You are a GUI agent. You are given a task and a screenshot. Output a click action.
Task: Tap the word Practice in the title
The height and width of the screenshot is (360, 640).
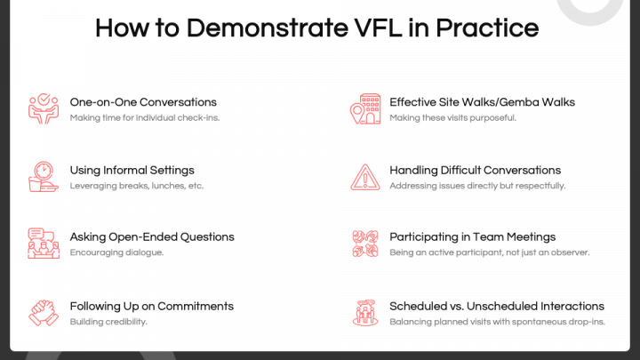(x=494, y=28)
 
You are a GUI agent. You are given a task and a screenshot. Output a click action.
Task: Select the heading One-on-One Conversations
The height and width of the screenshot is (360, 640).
(x=143, y=102)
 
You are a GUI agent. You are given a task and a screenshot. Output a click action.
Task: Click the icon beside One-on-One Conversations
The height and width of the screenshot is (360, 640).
(x=42, y=108)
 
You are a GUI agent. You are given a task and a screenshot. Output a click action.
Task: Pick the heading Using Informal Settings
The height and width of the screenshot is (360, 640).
(x=132, y=170)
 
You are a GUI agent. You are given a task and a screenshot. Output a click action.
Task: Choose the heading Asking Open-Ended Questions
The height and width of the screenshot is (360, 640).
(x=152, y=237)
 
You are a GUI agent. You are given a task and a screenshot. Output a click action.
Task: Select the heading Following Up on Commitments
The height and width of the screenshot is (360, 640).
(x=152, y=306)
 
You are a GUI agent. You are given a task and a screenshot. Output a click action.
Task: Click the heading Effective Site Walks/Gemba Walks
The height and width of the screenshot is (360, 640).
(x=482, y=102)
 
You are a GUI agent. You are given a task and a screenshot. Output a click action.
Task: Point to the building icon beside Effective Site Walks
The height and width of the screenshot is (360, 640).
(x=364, y=108)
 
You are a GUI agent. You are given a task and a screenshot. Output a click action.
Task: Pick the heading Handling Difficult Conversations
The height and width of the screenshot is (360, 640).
(x=475, y=170)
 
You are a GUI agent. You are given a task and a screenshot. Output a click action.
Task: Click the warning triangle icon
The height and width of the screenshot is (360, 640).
(x=364, y=176)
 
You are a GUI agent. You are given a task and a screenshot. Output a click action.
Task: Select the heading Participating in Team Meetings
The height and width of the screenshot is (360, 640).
(x=472, y=237)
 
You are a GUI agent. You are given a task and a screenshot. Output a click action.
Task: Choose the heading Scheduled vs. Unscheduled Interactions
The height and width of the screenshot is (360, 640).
(x=497, y=306)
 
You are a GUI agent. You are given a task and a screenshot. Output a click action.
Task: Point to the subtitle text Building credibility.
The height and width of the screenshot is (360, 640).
(x=108, y=322)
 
